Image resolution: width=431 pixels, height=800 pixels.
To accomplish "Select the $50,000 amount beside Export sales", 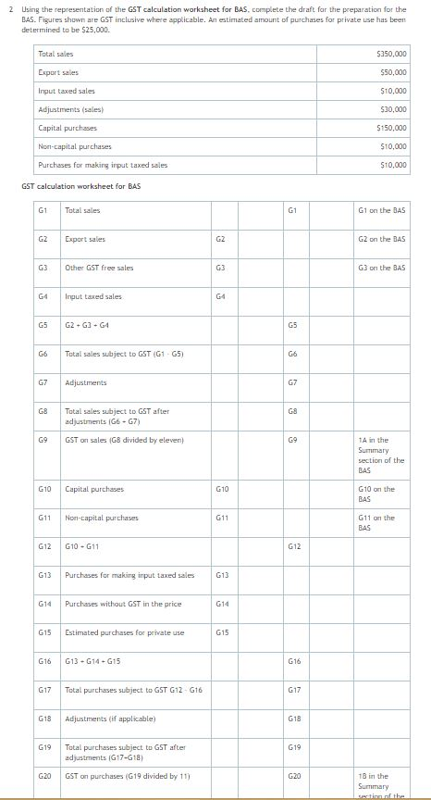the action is point(394,72).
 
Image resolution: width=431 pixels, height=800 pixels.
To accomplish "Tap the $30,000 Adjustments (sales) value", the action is point(394,109).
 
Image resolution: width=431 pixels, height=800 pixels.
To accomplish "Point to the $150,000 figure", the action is point(392,128).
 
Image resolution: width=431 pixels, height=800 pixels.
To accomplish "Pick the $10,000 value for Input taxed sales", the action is point(394,91).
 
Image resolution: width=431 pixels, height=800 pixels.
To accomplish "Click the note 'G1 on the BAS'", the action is point(381,210).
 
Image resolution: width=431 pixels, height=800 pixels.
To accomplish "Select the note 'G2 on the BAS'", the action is point(381,239).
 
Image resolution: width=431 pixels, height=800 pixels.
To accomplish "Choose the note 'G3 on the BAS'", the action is point(381,268).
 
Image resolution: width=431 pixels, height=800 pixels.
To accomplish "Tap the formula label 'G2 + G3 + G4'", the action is point(90,325).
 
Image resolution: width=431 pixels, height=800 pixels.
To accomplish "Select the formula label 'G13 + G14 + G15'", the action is point(94,661).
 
